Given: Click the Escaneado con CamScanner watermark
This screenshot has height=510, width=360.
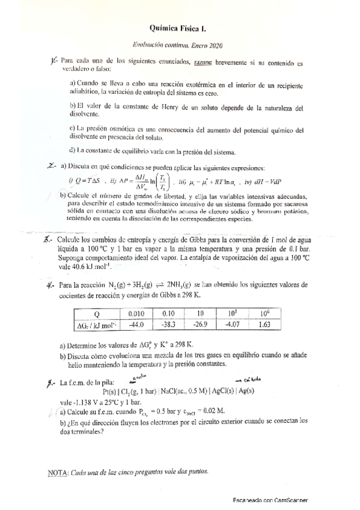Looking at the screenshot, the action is [275, 500].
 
